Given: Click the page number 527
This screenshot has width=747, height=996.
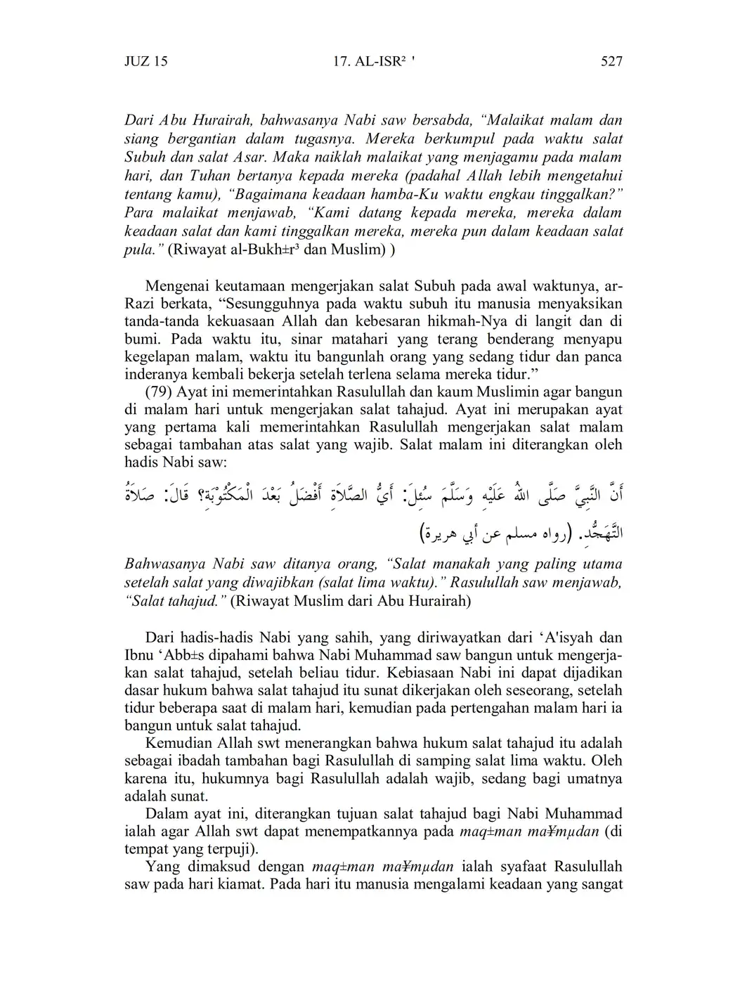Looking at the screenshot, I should (611, 61).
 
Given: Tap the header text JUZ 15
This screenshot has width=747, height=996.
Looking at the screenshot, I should (146, 61).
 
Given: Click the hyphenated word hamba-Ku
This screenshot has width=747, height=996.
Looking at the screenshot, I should (438, 193).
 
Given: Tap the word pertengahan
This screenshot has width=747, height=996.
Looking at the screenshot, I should (481, 708).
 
